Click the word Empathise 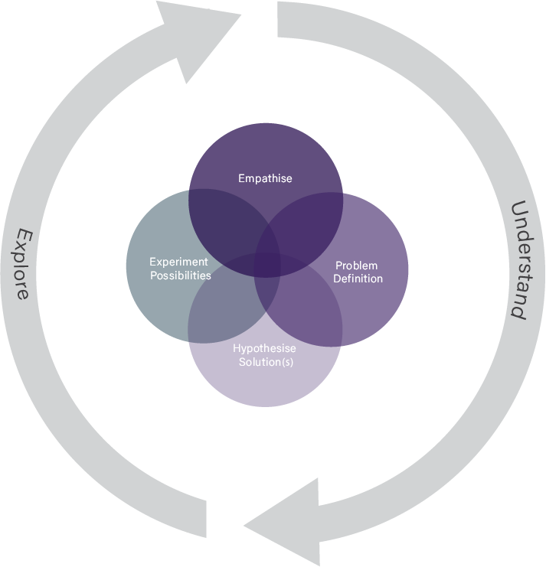[265, 179]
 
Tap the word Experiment [178, 262]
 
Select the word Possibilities [180, 275]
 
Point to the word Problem [356, 266]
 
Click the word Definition [358, 279]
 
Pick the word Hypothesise [264, 349]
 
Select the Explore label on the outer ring [24, 262]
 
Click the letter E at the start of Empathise [242, 179]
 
